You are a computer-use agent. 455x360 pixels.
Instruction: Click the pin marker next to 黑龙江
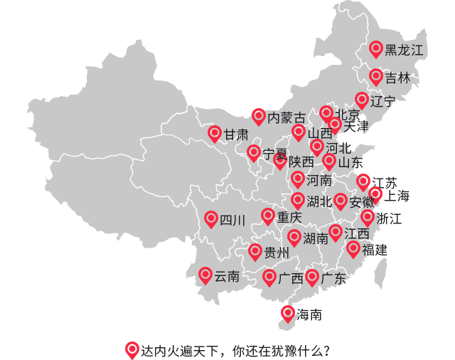coord(377,48)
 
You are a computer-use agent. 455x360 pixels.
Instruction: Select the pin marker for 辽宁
coord(362,100)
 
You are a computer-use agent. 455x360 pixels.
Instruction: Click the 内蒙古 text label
coord(287,117)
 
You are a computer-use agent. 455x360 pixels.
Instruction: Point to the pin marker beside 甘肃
coord(214,132)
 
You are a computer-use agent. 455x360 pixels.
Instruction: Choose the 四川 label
coord(232,221)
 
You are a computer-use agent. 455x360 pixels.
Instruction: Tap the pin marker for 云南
coord(205,275)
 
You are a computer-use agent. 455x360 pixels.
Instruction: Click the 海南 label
coord(309,314)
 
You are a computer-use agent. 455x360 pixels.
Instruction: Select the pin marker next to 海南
coord(287,313)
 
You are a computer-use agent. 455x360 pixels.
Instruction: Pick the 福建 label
coord(375,250)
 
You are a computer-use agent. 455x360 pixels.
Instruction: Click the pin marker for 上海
coord(375,194)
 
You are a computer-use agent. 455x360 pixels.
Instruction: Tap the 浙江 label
coord(390,218)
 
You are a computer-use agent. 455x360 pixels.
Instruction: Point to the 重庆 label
coord(289,217)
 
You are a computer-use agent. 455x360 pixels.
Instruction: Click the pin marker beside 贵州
coord(255,251)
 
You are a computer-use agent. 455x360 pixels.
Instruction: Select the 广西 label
coord(291,278)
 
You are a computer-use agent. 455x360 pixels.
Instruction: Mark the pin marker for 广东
coord(311,277)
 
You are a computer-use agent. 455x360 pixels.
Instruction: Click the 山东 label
coord(350,162)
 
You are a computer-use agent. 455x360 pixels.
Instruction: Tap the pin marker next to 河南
coord(298,179)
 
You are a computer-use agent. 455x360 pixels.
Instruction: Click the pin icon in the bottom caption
coord(132,349)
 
